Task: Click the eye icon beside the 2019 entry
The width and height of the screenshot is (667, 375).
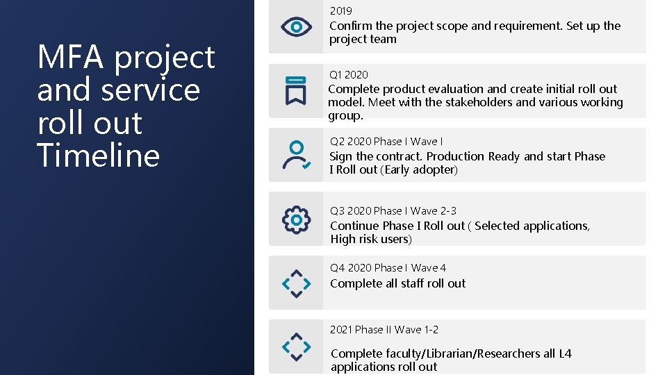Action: coord(296,27)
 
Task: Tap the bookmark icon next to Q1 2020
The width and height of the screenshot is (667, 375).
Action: coord(296,90)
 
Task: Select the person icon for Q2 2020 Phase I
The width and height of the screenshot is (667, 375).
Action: coord(296,155)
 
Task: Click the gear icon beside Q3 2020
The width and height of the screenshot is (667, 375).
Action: coord(296,219)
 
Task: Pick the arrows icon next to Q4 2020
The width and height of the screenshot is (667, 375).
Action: coord(296,283)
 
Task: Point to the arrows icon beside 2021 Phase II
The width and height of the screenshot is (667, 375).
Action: coord(296,346)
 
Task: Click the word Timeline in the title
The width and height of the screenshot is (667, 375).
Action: coord(98,155)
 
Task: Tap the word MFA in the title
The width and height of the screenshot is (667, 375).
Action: coord(72,57)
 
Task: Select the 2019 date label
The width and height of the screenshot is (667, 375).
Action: coord(340,11)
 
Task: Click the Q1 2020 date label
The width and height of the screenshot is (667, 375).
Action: coord(349,74)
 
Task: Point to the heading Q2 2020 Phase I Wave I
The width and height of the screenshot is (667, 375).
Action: coord(386,141)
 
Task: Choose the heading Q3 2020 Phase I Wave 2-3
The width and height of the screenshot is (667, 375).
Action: coord(393,210)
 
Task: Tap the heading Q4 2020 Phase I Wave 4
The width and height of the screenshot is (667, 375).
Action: coord(388,267)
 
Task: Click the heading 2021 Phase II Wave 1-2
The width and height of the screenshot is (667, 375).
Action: coord(384,329)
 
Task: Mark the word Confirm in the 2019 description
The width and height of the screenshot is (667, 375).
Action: coord(349,26)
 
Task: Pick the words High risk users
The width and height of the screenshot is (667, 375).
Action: coord(371,239)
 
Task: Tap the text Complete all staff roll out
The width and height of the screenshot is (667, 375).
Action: coord(398,283)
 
